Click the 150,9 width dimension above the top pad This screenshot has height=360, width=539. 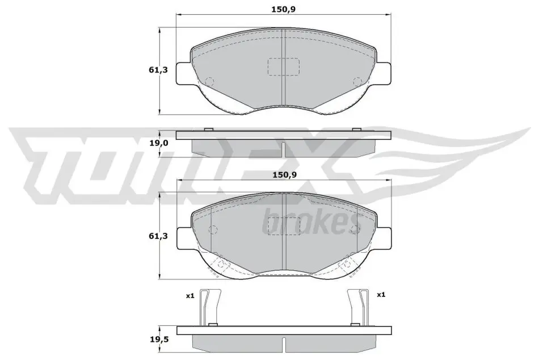pyautogui.click(x=283, y=9)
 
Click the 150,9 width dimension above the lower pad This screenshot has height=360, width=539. pyautogui.click(x=284, y=175)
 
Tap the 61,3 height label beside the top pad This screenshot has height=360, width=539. pyautogui.click(x=158, y=70)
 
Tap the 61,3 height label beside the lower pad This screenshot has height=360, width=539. pyautogui.click(x=158, y=236)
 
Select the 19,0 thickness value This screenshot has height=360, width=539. pyautogui.click(x=158, y=143)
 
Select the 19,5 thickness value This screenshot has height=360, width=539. pyautogui.click(x=158, y=339)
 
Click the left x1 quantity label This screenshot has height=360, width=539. pyautogui.click(x=190, y=295)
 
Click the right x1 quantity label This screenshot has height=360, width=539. pyautogui.click(x=381, y=295)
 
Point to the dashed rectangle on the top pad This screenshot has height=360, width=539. pyautogui.click(x=284, y=67)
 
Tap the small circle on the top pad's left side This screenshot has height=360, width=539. pyautogui.click(x=209, y=81)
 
